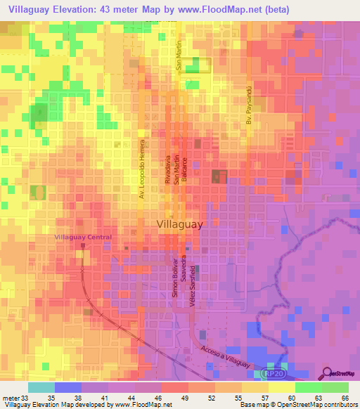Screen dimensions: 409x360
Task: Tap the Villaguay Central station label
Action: click(x=83, y=238)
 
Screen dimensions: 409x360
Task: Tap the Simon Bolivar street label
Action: click(x=174, y=279)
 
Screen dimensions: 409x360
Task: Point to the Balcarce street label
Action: click(x=185, y=169)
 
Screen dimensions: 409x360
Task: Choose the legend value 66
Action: click(x=344, y=398)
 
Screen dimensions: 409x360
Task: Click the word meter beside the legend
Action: click(x=10, y=398)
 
